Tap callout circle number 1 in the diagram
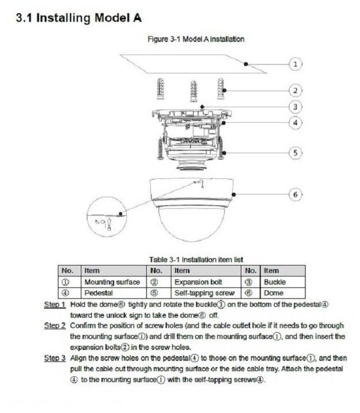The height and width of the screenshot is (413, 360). pos(295,64)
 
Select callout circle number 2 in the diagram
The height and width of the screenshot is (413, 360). pos(295,90)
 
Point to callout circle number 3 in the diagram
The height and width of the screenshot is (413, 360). pos(295,107)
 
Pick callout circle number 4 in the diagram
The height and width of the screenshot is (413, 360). pos(295,122)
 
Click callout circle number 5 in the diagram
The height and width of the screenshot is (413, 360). pos(295,153)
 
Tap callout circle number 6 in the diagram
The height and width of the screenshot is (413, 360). pos(295,194)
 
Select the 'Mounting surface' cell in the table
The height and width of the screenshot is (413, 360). pos(112,282)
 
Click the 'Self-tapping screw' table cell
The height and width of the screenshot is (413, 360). pos(201,293)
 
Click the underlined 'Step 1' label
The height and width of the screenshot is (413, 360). pos(55,305)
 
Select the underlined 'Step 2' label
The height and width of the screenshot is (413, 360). pos(55,326)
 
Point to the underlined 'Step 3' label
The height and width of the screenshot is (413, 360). pos(55,358)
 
